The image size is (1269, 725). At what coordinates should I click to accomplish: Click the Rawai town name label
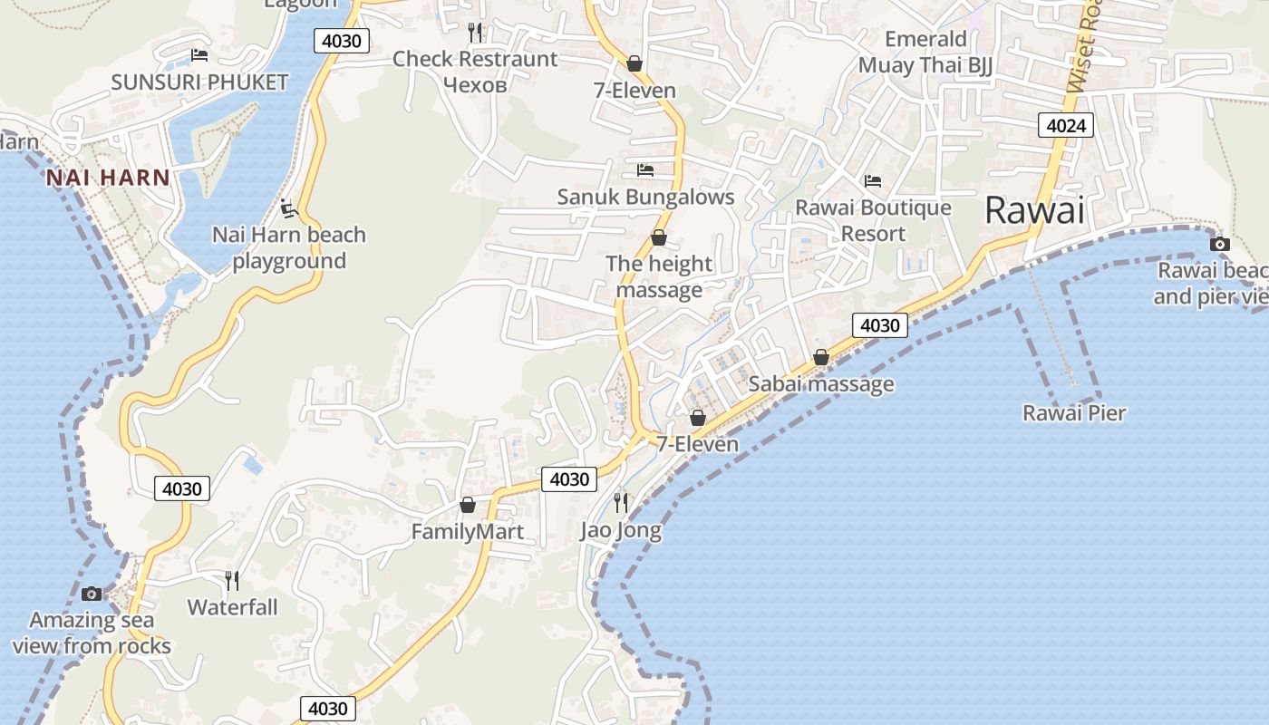point(1034,210)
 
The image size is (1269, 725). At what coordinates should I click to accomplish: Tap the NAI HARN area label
point(108,178)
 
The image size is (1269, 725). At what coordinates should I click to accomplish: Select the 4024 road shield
point(1065,125)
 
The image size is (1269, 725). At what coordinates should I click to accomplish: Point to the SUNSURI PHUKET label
point(199,82)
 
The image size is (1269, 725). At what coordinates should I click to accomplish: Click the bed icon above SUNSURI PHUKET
point(199,55)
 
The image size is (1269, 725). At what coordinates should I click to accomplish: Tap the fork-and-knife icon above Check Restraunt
point(476,33)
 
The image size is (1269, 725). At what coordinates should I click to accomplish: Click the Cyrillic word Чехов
point(475,85)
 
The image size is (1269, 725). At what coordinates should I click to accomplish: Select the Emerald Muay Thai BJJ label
point(925,53)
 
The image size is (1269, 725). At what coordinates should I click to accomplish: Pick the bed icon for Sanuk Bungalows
point(645,169)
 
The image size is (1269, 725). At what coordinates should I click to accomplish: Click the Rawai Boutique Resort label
point(873,220)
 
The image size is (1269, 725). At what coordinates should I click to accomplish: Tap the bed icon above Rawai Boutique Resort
point(873,181)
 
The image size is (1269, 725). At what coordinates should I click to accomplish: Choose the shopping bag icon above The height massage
point(659,237)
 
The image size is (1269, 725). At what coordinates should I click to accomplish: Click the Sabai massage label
point(821,384)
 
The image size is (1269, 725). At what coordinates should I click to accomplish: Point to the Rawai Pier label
point(1074,413)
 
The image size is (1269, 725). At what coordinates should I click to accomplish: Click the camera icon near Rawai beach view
point(1220,244)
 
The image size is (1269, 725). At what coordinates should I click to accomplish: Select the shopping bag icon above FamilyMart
point(468,505)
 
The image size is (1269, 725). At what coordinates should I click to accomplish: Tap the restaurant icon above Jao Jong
point(621,502)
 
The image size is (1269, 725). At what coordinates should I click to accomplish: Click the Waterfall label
point(233,607)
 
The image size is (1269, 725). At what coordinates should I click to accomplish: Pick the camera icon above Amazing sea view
point(92,594)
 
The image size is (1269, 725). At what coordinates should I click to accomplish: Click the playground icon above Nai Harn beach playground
point(289,208)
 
